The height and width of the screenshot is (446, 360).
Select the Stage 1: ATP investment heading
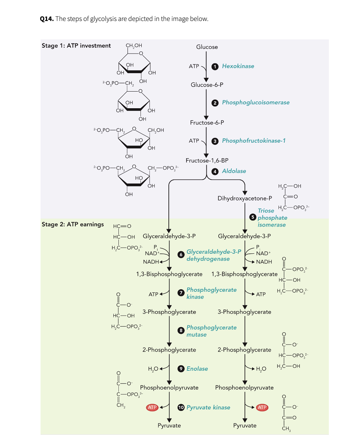click(76, 46)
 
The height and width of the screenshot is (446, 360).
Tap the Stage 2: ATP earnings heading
click(72, 224)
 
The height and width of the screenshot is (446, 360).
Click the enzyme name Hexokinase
click(238, 66)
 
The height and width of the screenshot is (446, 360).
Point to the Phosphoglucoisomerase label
click(256, 102)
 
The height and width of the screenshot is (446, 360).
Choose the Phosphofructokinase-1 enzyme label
click(254, 140)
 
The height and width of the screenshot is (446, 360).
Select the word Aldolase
click(234, 171)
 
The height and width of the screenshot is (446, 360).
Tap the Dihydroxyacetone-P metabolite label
click(244, 198)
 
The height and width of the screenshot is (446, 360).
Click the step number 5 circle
click(253, 218)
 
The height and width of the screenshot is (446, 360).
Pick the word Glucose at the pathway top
click(207, 47)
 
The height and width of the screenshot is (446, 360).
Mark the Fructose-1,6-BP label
click(207, 160)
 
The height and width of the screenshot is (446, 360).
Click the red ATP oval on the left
click(152, 408)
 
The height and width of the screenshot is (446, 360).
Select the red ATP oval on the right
click(262, 408)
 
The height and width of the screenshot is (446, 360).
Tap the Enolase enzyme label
click(197, 369)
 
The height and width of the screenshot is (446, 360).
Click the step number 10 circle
click(181, 408)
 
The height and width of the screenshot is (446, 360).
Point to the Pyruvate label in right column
click(245, 426)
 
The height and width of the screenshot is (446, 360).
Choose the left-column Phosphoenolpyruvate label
click(169, 388)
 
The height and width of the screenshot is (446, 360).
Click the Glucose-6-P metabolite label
click(207, 85)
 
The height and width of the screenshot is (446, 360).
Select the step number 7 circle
click(181, 293)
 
